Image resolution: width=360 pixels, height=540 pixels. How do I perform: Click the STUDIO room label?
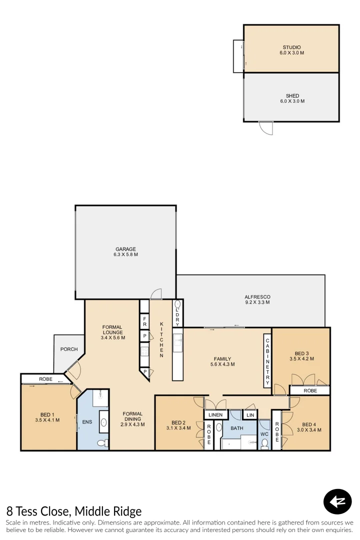point(292,47)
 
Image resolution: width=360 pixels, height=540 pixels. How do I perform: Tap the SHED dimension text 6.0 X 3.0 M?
point(292,101)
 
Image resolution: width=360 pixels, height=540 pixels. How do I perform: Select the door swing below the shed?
point(266,128)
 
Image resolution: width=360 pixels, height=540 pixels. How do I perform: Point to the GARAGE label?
point(125,249)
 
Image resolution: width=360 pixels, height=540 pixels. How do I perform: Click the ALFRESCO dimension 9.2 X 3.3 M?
point(257,302)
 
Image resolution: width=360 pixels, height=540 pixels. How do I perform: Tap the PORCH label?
point(69,349)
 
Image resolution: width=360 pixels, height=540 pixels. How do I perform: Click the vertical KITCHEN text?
point(161,339)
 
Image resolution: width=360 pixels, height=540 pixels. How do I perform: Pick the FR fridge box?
point(144,318)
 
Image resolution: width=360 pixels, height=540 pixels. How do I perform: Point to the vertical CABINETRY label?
point(267,360)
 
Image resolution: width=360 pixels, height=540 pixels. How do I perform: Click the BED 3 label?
point(302,352)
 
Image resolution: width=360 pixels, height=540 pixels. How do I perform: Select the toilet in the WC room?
point(264,443)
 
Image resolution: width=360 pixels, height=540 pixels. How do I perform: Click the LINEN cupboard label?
point(215,415)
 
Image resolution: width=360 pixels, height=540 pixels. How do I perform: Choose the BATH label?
point(237,428)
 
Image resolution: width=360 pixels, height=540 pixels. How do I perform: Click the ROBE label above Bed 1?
point(45,379)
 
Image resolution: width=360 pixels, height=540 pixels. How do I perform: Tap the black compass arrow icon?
point(337,501)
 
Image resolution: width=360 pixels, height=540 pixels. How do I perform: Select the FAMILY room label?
point(222,358)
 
